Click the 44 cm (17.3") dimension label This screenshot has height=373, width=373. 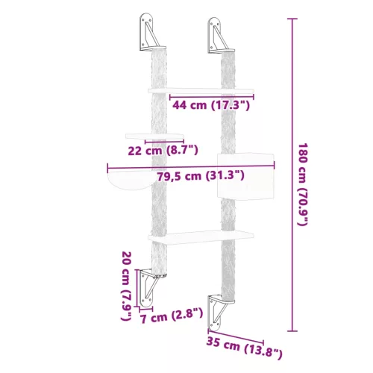[211, 106]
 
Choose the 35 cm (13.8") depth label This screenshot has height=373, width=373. [245, 348]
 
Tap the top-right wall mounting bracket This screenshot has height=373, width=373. [219, 34]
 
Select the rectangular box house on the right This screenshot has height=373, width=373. [245, 175]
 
